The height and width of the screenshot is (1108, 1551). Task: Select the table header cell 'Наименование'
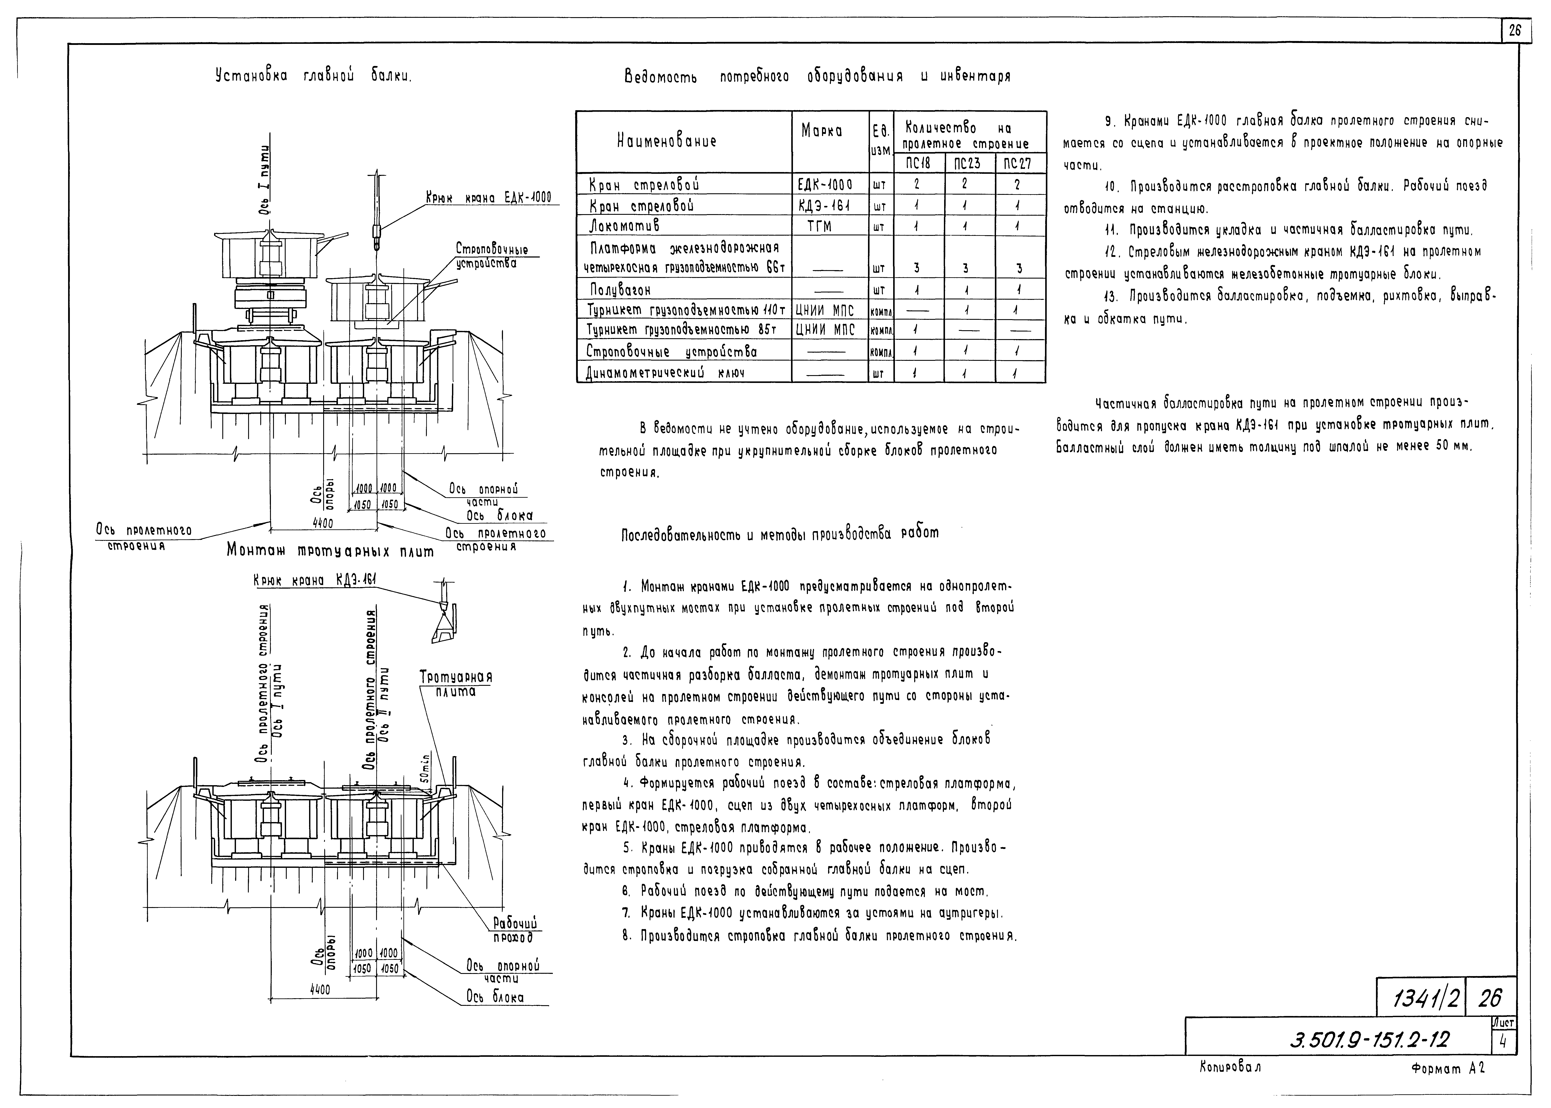pos(666,142)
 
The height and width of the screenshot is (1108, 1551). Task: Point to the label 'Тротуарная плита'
pos(456,684)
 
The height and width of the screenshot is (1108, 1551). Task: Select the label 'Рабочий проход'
pos(516,931)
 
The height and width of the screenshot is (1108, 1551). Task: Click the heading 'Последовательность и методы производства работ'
pos(779,533)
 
